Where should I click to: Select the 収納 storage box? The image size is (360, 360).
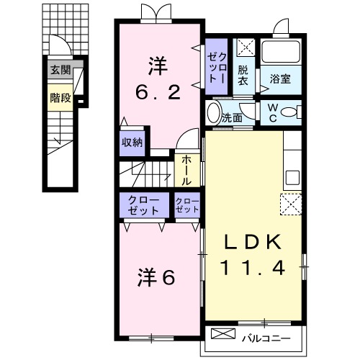tap(132, 143)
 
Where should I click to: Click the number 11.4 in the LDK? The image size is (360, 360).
tap(253, 266)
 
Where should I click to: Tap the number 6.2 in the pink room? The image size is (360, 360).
tap(158, 92)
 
